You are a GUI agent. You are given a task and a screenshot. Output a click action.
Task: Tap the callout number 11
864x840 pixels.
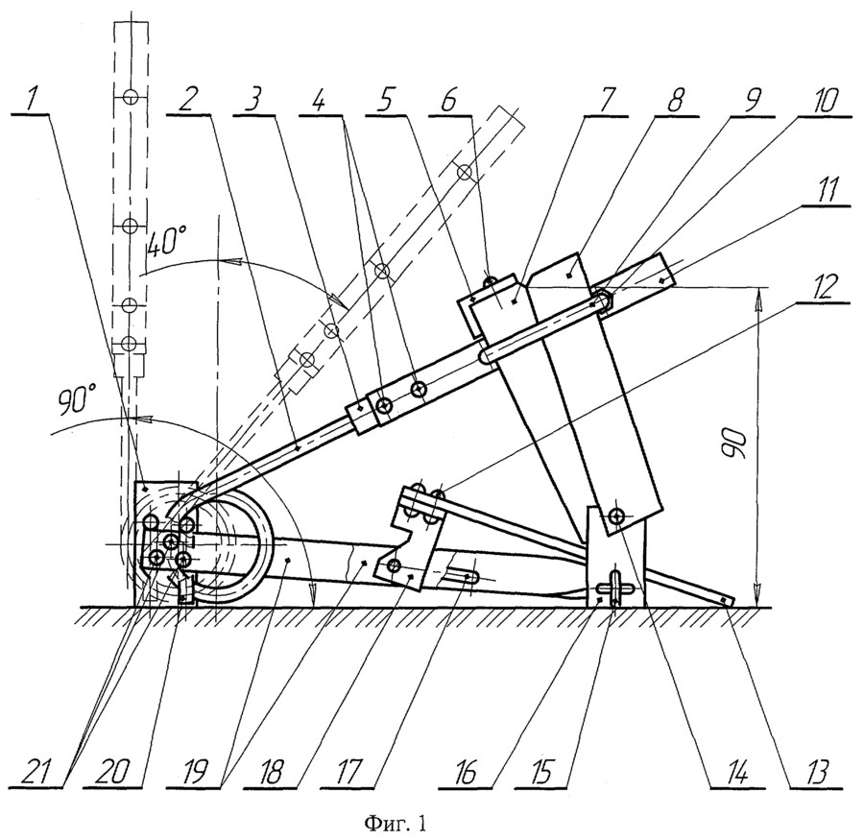click(x=825, y=191)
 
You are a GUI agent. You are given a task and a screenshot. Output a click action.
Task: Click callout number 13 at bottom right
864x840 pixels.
click(x=816, y=774)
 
